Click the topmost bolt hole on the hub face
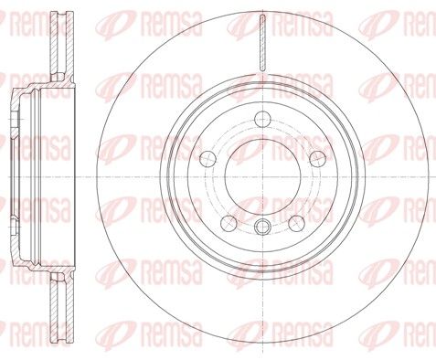pos(262,119)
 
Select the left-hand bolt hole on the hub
pos(208,159)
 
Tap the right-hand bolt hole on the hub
pos(317,159)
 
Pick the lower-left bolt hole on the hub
pos(229,223)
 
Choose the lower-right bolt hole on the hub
pos(296,223)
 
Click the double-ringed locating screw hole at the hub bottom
pos(262,227)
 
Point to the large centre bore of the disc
pos(262,176)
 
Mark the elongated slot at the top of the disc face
pos(262,43)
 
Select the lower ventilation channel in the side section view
pos(62,308)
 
